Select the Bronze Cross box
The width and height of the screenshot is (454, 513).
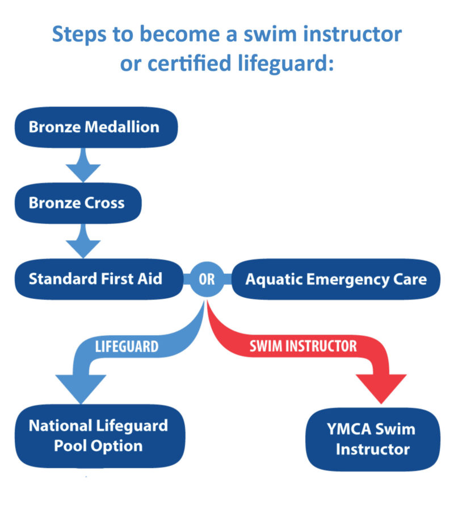coord(77,203)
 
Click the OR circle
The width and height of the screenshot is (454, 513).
coord(207,280)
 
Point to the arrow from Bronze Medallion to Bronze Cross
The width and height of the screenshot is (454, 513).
coord(83,164)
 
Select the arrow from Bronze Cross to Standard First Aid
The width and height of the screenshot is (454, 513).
coord(83,241)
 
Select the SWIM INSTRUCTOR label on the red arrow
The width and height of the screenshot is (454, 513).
coord(303,346)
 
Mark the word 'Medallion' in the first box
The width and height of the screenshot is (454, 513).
coord(121,126)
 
